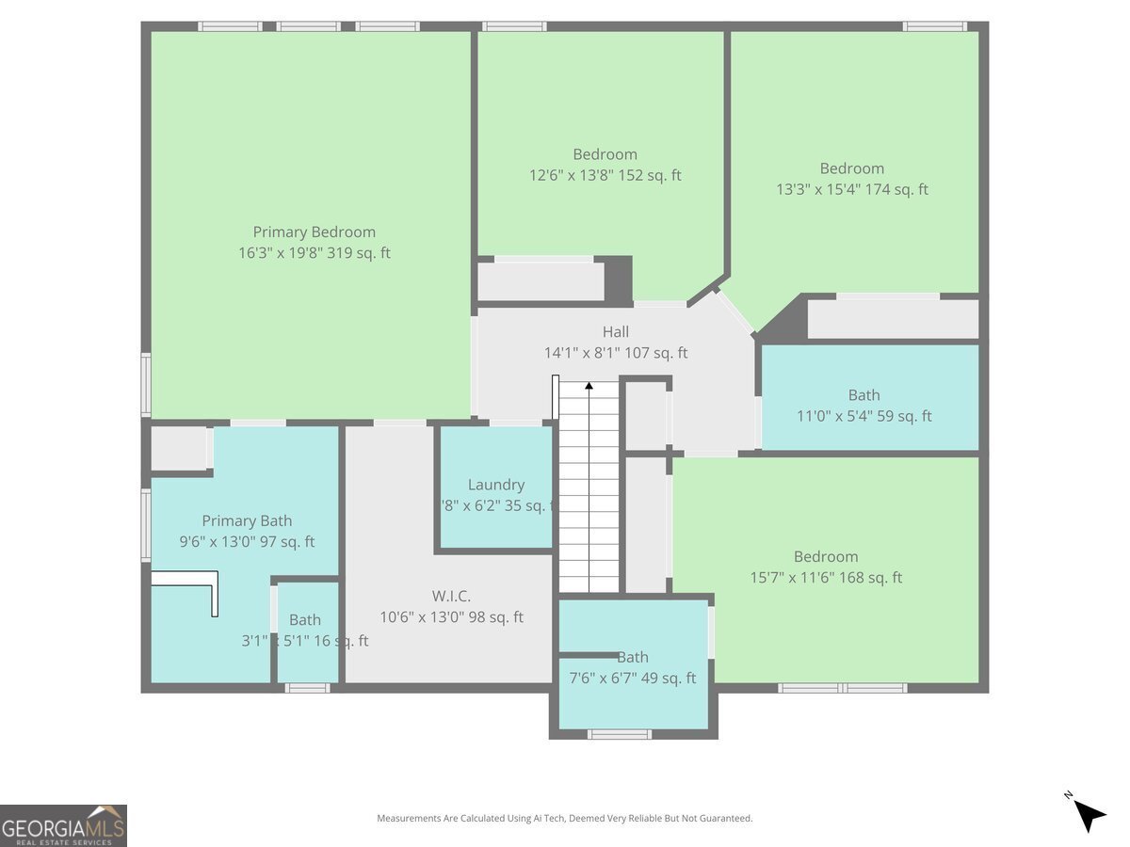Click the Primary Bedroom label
tap(314, 232)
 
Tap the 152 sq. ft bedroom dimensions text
tap(605, 175)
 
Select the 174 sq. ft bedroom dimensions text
tap(851, 189)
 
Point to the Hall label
tap(616, 332)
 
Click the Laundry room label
tap(495, 485)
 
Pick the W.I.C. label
tap(451, 596)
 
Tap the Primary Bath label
tap(247, 520)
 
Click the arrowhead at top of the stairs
tap(589, 385)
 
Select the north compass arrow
tap(1089, 813)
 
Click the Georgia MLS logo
tap(63, 825)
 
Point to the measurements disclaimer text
tap(564, 819)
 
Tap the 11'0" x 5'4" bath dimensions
tap(864, 416)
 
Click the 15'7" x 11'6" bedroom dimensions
tap(825, 578)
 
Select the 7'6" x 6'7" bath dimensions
tap(633, 678)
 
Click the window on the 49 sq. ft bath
tap(619, 734)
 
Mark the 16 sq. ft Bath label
tap(304, 620)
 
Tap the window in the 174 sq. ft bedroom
tap(934, 26)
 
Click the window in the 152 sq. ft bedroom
tap(514, 26)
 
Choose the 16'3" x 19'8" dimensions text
tap(314, 253)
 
